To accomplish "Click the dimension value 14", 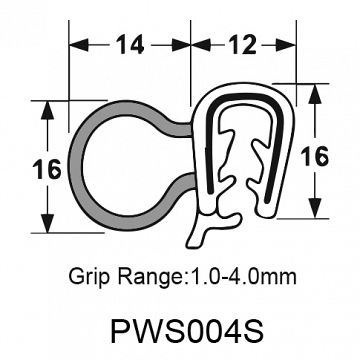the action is point(129,45).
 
